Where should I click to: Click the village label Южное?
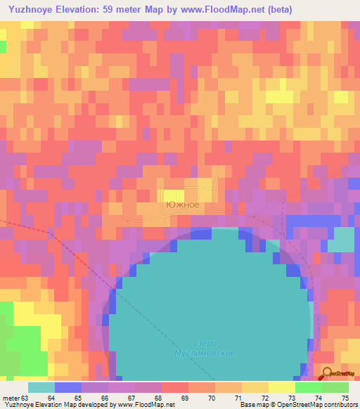coord(182,205)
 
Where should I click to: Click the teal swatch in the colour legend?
coord(41,387)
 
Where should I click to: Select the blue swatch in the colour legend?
coord(68,387)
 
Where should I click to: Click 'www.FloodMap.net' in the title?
coord(211,9)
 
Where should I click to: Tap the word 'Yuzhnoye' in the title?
coord(30,9)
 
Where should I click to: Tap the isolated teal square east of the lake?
coord(341,240)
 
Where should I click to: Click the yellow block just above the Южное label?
coord(174,195)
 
